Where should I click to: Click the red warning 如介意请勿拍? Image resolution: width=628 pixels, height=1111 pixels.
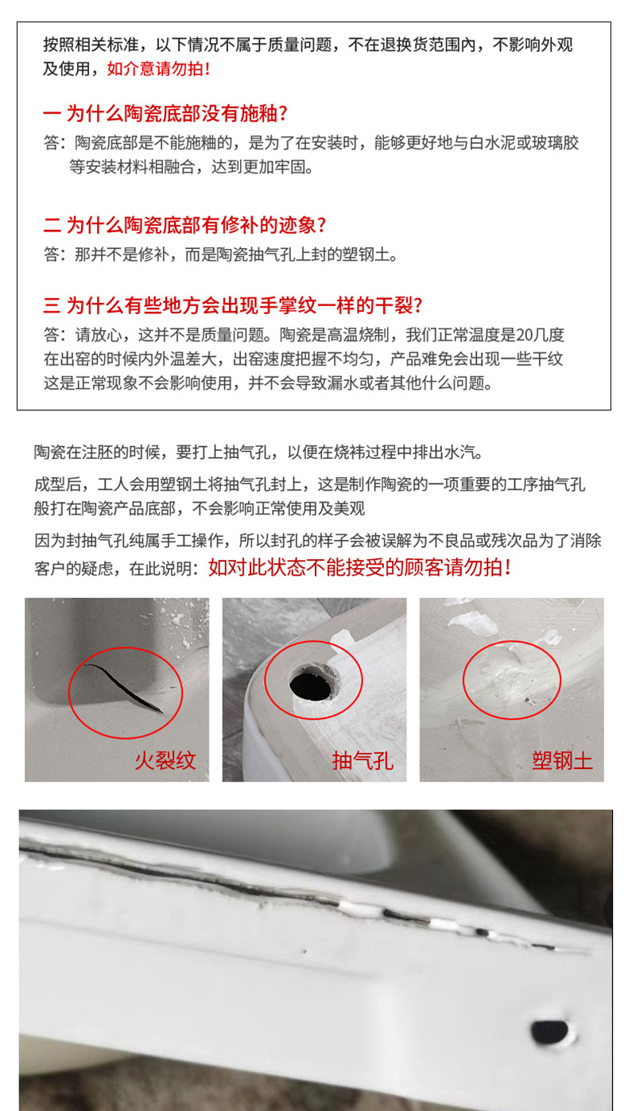[x=158, y=68]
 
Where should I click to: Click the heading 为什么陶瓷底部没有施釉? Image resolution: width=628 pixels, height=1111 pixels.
[x=176, y=114]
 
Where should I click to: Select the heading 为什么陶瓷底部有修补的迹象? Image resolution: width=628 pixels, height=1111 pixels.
[x=196, y=225]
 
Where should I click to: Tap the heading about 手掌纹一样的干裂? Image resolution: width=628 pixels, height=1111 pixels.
[x=244, y=305]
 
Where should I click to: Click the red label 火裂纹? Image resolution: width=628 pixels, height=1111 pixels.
[x=165, y=760]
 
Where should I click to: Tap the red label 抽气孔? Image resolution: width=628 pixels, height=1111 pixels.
[x=362, y=760]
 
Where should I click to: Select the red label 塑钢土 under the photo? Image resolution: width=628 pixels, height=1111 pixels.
[x=562, y=760]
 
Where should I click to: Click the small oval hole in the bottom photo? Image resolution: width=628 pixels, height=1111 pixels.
[x=549, y=1031]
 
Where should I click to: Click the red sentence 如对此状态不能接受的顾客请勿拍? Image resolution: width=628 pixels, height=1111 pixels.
[x=360, y=567]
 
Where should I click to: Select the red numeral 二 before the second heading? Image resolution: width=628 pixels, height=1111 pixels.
[x=52, y=226]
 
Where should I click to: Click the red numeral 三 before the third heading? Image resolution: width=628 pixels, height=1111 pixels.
[x=52, y=305]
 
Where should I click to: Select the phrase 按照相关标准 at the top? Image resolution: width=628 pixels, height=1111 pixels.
[x=91, y=45]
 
